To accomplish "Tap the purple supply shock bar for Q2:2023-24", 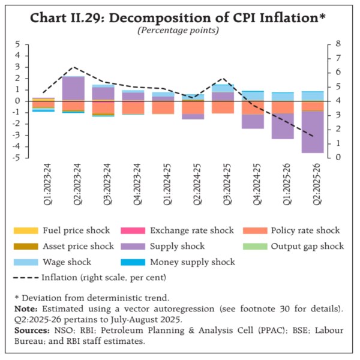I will (73, 88).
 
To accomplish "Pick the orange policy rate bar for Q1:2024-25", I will (163, 107).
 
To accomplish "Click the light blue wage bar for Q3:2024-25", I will (222, 88).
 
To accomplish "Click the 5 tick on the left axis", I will (19, 44).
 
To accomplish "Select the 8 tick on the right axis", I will (338, 44).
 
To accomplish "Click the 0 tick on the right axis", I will (338, 158).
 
